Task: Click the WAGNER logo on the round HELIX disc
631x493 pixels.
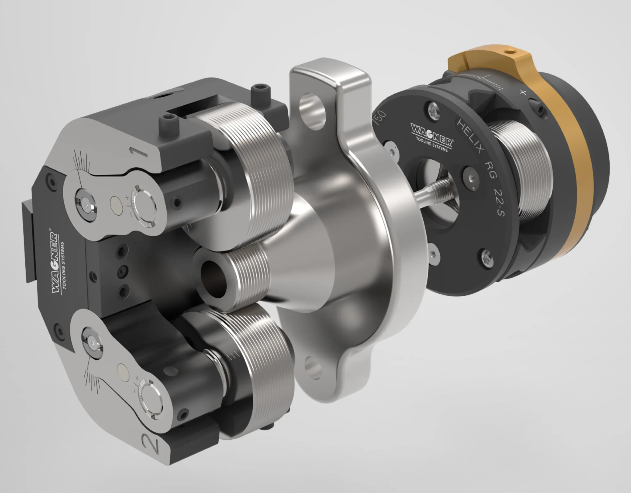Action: [x=432, y=133]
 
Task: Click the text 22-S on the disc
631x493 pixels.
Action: [x=497, y=203]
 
